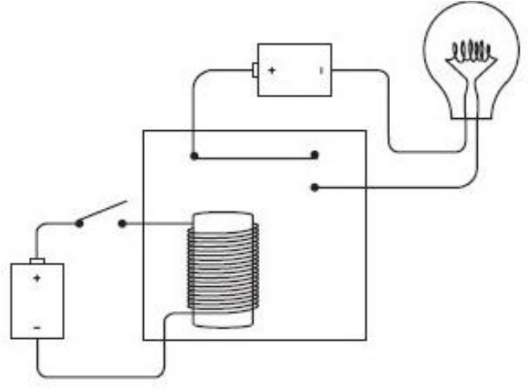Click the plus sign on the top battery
[x=272, y=71]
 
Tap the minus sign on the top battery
[x=321, y=71]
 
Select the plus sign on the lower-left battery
[x=36, y=278]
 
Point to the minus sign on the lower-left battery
[x=36, y=327]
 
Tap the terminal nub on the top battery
[x=255, y=71]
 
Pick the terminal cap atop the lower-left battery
[x=37, y=260]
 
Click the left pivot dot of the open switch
[x=79, y=223]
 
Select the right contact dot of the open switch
[x=122, y=223]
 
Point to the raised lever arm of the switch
[x=103, y=210]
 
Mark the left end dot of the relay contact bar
[x=194, y=155]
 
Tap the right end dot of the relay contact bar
[x=314, y=155]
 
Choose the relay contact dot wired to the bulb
[x=314, y=187]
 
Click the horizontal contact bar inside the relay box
[x=254, y=155]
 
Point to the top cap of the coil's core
[x=223, y=218]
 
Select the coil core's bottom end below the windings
[x=223, y=320]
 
